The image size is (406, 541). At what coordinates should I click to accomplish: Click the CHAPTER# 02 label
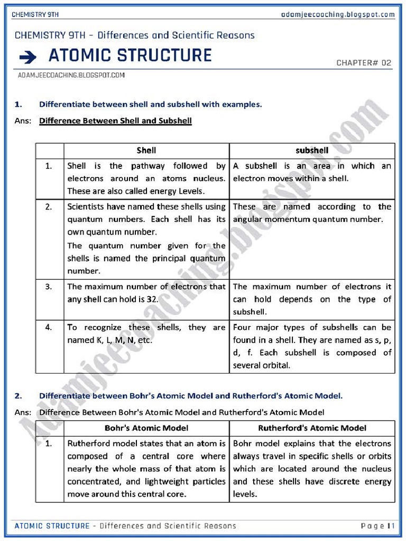pos(364,63)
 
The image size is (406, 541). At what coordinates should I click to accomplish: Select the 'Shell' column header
pos(146,151)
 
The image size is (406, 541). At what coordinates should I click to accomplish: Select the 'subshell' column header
pos(312,151)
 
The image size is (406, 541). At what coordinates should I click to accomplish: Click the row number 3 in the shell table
pos(49,287)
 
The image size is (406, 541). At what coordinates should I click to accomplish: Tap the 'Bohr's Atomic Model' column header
pos(146,428)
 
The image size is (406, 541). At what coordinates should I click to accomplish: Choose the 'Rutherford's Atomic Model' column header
pos(312,428)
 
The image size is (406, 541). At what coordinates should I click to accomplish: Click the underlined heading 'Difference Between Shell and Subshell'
pos(115,121)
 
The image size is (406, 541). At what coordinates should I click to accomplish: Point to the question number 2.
pos(18,395)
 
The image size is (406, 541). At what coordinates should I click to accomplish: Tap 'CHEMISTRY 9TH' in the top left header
pos(34,14)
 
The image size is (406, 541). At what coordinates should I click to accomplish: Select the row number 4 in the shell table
pos(49,328)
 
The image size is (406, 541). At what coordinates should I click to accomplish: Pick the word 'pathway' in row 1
pos(148,166)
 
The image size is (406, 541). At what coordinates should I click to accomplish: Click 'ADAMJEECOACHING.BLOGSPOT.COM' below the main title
pos(71,76)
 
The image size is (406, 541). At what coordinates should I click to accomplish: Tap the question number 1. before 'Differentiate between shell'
pos(18,105)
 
